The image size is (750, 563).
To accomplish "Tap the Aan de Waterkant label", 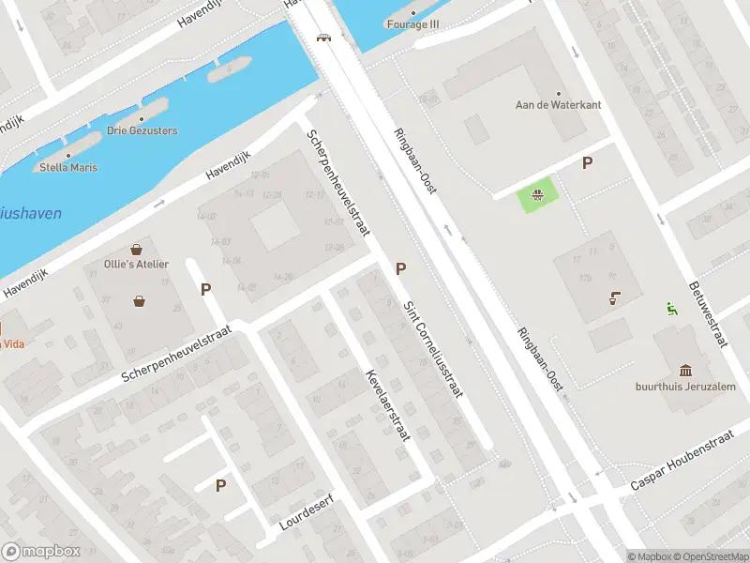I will coord(558,105).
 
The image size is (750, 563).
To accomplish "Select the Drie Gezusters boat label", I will coord(142,130).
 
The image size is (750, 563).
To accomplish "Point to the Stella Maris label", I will coord(68,167).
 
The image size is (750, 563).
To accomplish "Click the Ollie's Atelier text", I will coord(137,264).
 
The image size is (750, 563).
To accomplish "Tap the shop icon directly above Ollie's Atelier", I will coord(138,250).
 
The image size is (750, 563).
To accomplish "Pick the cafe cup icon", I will coord(614,298).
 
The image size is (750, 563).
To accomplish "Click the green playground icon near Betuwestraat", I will coord(671,308).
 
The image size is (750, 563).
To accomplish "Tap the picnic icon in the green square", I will coord(538,196).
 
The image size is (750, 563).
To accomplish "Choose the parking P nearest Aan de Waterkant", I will coord(588,163).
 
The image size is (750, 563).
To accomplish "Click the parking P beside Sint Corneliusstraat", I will coord(401,269).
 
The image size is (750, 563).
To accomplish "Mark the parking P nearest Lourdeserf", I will coord(221,485).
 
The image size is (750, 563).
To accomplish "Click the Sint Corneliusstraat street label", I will coord(433,349).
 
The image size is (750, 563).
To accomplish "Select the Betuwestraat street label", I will coord(708,313).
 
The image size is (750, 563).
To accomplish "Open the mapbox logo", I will coord(39,552).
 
